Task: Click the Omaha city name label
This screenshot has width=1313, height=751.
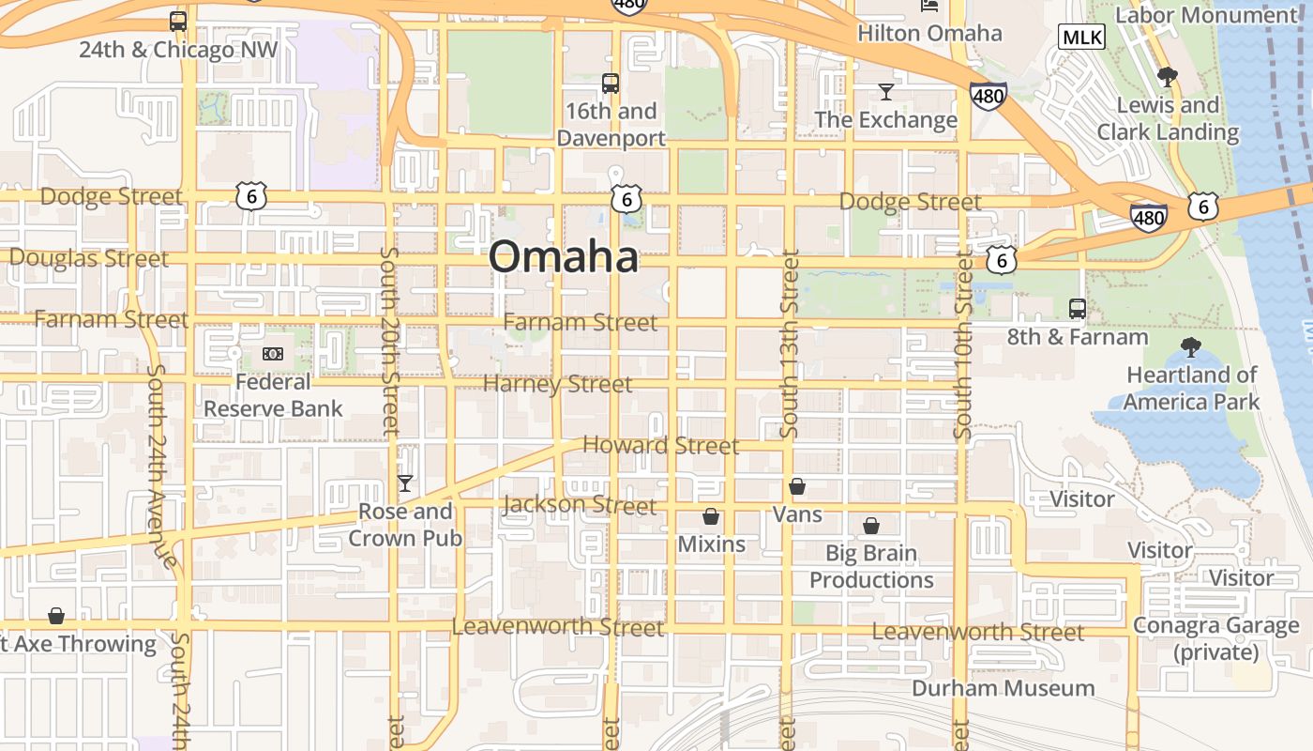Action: pos(564,256)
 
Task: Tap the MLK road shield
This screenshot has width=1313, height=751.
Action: pos(1081,38)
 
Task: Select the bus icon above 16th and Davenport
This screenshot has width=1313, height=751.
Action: pos(611,83)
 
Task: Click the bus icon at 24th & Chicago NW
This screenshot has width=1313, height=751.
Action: pos(178,21)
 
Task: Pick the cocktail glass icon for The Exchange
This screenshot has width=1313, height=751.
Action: pos(886,91)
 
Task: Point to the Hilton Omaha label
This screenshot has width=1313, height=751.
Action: pos(929,34)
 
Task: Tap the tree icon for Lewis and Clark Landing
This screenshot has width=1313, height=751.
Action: pos(1167,76)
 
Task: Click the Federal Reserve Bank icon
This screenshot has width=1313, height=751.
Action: pos(273,353)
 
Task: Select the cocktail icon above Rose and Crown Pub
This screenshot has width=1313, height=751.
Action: pos(405,483)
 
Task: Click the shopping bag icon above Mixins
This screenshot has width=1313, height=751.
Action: pos(711,516)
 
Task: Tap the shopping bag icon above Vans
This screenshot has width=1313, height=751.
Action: pos(797,486)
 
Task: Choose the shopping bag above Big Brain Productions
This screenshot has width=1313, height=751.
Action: pos(871,525)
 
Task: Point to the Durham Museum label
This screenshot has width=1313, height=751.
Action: pos(1004,688)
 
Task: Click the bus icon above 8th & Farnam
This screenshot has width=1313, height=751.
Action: pos(1078,308)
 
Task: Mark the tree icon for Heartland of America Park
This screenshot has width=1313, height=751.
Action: pos(1191,347)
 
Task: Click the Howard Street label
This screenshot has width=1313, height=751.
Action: pos(661,445)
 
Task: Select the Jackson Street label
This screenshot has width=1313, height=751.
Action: pos(580,505)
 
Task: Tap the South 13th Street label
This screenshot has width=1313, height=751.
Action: pos(789,343)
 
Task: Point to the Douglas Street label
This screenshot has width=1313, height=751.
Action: pos(89,257)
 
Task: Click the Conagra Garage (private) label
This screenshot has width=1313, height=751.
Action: pos(1215,638)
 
